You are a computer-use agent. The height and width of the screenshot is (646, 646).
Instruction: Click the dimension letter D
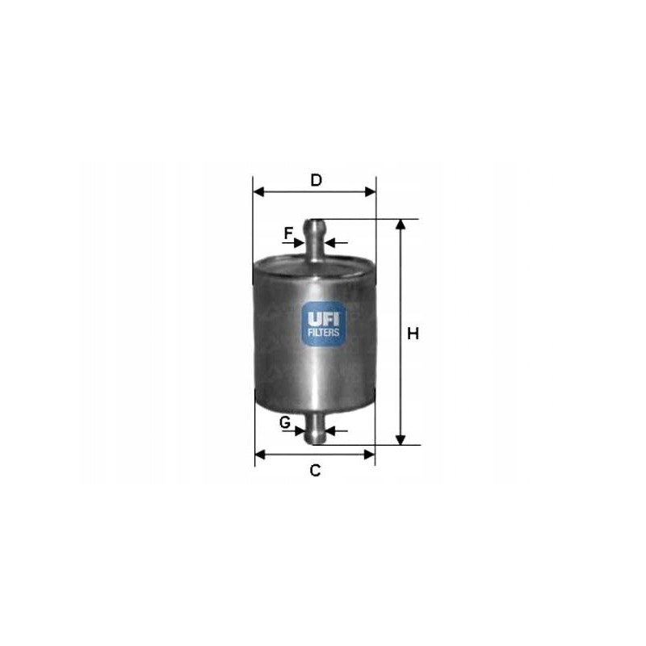click(x=317, y=180)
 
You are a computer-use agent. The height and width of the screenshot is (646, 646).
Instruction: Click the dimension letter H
click(x=413, y=333)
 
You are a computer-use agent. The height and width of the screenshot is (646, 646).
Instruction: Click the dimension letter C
click(x=316, y=471)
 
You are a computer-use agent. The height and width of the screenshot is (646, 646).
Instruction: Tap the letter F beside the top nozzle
click(x=288, y=233)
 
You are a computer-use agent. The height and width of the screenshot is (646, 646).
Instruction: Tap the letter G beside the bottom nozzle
click(x=285, y=422)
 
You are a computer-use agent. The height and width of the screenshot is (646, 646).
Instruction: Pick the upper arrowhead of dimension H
click(x=400, y=224)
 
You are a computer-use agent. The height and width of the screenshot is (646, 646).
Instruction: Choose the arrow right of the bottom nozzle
click(x=333, y=430)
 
